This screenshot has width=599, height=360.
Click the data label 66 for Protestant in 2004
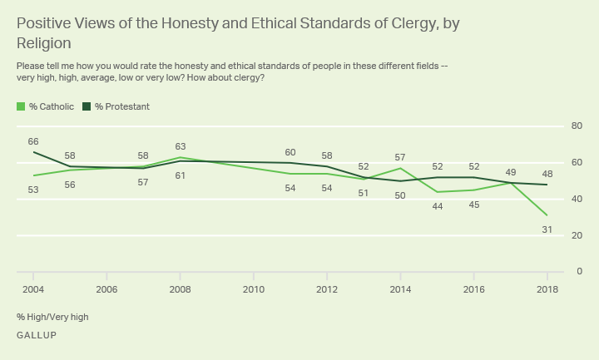coord(33,141)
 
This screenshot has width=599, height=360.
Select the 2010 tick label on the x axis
coord(254,288)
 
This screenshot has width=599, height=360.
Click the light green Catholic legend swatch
coord(20,106)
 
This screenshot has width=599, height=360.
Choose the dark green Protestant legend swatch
coord(87,106)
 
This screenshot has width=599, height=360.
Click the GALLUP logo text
coord(36,335)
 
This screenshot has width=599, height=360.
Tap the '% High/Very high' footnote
coord(52,317)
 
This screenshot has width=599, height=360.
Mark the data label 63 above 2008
coord(180,146)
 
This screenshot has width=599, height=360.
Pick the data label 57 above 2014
coord(400,157)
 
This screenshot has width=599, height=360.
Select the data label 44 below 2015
coord(437,205)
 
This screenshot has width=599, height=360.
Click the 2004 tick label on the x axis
coord(33,288)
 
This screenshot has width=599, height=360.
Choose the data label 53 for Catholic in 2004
coord(33,190)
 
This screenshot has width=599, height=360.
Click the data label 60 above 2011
coord(290,152)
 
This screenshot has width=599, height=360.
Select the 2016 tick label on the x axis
coord(473,288)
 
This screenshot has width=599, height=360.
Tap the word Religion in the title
coord(43,42)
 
